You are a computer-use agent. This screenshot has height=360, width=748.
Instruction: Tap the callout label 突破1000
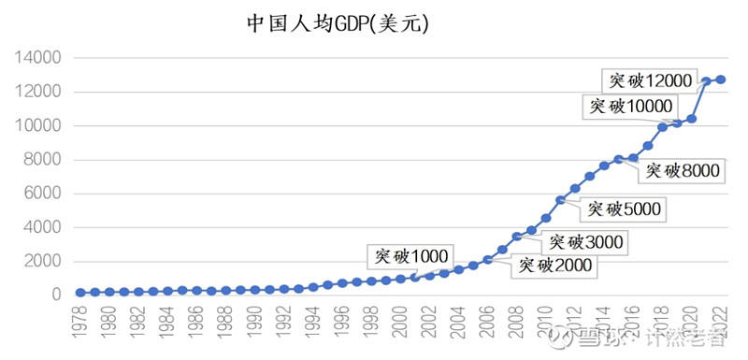[x=411, y=254]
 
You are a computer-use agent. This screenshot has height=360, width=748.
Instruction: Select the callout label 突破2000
[x=554, y=266]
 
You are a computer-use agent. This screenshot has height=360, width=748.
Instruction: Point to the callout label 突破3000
[x=584, y=242]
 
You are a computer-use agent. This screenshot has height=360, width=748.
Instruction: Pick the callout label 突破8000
[x=681, y=169]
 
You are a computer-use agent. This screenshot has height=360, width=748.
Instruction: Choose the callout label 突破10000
[x=630, y=107]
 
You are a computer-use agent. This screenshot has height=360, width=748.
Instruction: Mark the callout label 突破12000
[x=646, y=79]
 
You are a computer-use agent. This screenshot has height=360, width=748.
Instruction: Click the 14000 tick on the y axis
[x=38, y=58]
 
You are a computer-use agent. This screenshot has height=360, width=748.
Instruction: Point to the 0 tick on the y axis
[x=55, y=295]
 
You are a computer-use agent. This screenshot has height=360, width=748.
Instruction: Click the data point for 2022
[x=721, y=79]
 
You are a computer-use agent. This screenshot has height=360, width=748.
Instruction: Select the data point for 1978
[x=80, y=293]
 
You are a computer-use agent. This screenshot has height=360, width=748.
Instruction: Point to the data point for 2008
[x=517, y=237]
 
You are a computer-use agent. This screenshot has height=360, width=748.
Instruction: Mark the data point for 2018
[x=663, y=126]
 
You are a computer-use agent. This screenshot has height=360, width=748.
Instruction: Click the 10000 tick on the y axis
[x=38, y=126]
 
